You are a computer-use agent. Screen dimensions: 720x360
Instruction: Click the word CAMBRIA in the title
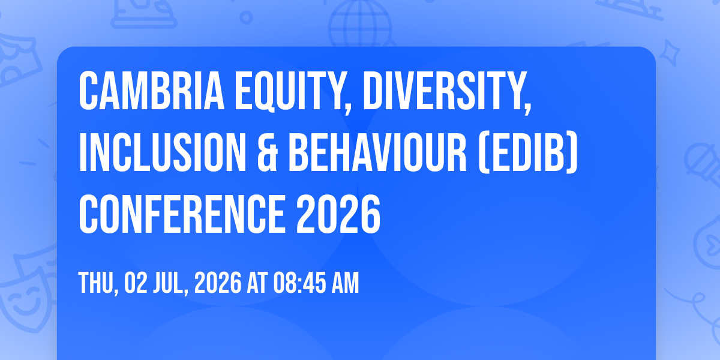tap(151, 91)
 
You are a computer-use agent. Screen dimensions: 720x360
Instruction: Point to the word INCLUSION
tap(163, 152)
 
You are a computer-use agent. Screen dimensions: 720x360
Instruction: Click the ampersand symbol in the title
tap(268, 152)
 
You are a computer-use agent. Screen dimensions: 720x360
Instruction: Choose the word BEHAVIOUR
tap(377, 152)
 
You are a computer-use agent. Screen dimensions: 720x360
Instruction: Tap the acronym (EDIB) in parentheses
tap(528, 152)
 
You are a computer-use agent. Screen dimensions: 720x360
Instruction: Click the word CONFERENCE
tap(182, 214)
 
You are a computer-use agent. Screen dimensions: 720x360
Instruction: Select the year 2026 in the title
tap(338, 214)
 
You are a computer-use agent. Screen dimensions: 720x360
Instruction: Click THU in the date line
tap(98, 283)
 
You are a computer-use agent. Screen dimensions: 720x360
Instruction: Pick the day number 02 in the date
tap(136, 283)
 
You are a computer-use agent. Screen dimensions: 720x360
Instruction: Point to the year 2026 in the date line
tap(218, 283)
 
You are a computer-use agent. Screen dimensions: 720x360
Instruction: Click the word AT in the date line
tap(257, 283)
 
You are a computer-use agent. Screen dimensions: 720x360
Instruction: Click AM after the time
tap(345, 283)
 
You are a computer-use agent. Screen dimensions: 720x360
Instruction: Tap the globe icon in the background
tap(361, 24)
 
